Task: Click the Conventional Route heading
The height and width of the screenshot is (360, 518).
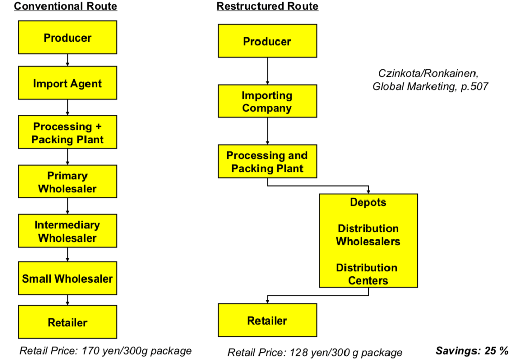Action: coord(65,6)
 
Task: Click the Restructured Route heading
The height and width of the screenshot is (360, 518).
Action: coord(267,6)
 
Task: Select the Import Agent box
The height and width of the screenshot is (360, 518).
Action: coord(67,83)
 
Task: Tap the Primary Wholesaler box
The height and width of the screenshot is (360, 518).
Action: coord(67,181)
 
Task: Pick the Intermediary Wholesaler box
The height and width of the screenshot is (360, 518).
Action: coord(67,231)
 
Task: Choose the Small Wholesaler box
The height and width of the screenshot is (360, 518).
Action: coord(67,278)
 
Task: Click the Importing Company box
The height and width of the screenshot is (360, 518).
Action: coord(267,101)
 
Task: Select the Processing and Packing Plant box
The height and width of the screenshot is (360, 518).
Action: coord(267,162)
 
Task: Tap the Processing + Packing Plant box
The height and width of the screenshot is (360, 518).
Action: coord(67,132)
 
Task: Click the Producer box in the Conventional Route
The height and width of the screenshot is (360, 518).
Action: coord(67,37)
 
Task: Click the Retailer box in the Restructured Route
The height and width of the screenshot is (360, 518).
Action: coord(267,321)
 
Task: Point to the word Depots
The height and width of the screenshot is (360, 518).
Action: coord(368,202)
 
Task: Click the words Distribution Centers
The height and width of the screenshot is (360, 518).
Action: coord(367,274)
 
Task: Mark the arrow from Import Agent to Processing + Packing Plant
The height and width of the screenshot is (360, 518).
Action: coord(67,107)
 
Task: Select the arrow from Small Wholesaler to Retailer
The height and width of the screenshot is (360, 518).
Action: coord(67,300)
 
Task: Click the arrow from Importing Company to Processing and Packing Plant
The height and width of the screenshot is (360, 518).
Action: coord(267,131)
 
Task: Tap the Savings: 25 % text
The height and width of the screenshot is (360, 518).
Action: coord(472,351)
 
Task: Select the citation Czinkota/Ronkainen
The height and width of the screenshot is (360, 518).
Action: coord(428,73)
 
